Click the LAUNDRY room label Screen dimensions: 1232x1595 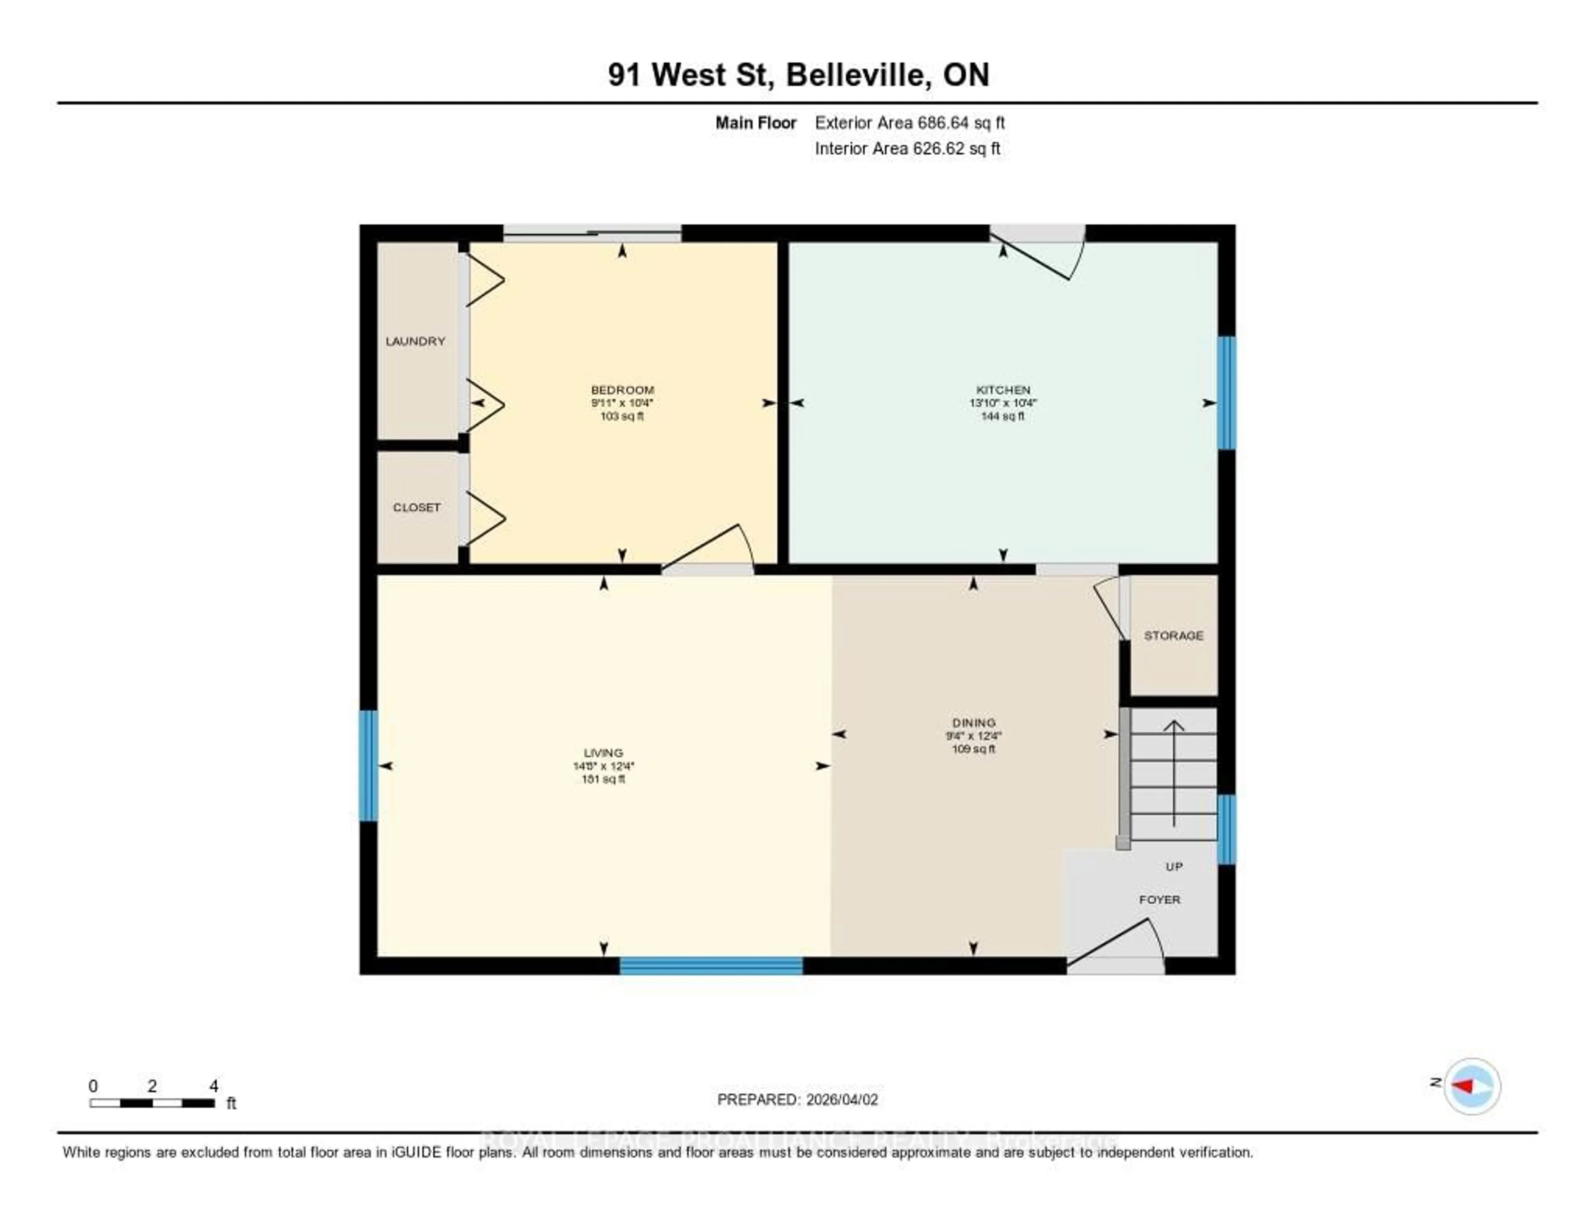[x=415, y=341]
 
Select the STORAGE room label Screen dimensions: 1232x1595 [x=1173, y=636]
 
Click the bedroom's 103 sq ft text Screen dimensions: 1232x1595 [x=621, y=416]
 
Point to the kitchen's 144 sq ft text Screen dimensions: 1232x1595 [x=1003, y=416]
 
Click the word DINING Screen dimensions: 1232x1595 [x=974, y=722]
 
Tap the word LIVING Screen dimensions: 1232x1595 [x=603, y=752]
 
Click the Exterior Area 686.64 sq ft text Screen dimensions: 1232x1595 [x=909, y=123]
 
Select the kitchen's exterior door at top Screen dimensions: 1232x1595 [x=1038, y=252]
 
